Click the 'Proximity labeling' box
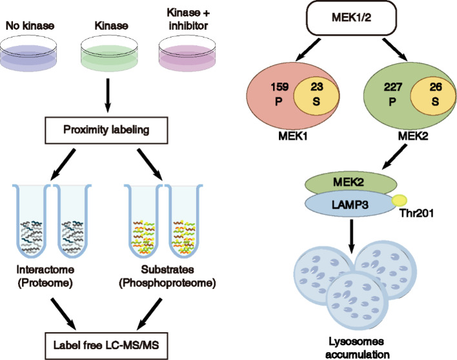tap(107, 130)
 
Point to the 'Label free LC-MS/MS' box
tap(107, 346)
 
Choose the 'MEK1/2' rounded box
tap(351, 18)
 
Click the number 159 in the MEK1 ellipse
tap(279, 87)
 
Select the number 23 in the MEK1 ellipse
tap(317, 86)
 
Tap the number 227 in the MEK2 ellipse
tap(393, 87)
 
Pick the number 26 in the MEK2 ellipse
tap(436, 86)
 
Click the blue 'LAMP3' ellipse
tap(350, 205)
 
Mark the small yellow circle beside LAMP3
tap(400, 201)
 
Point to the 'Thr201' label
tap(416, 213)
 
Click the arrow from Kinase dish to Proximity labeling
tap(108, 95)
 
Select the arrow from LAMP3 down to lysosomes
tap(352, 236)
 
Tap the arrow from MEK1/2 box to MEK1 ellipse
tap(308, 50)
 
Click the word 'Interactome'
tap(45, 270)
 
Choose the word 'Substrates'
tap(167, 270)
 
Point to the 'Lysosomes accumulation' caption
tap(358, 348)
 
